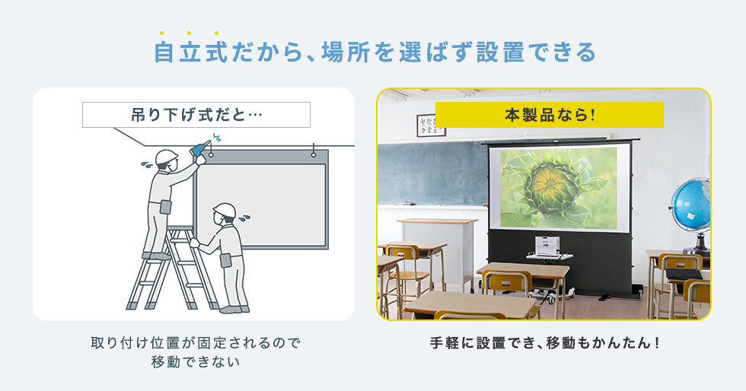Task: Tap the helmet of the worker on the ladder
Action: pyautogui.click(x=166, y=157)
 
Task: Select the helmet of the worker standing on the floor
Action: pyautogui.click(x=225, y=210)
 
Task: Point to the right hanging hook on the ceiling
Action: pyautogui.click(x=314, y=151)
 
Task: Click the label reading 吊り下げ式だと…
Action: pyautogui.click(x=196, y=115)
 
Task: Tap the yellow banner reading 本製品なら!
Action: pyautogui.click(x=549, y=115)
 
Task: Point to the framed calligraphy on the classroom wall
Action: pyautogui.click(x=430, y=126)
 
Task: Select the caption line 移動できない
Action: pyautogui.click(x=196, y=362)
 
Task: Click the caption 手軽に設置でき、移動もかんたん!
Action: pyautogui.click(x=544, y=342)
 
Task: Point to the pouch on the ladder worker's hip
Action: pyautogui.click(x=166, y=207)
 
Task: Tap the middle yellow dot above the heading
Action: pyautogui.click(x=189, y=33)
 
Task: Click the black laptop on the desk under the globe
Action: pyautogui.click(x=684, y=274)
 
